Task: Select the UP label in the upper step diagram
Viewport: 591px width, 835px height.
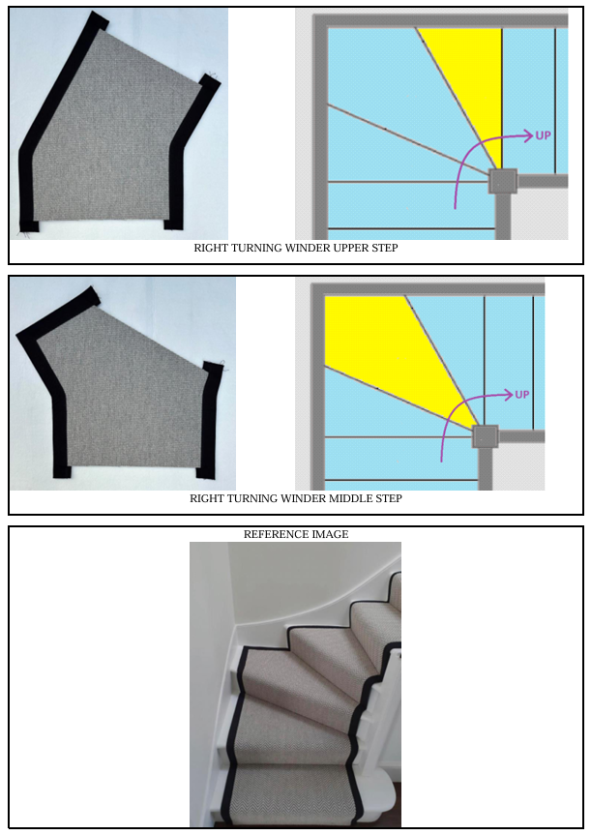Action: click(543, 135)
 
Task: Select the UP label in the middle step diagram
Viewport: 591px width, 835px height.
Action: click(522, 395)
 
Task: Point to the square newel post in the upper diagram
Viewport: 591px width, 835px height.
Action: click(503, 182)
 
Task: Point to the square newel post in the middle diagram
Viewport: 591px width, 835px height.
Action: click(485, 437)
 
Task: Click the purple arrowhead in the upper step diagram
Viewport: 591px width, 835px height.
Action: click(527, 135)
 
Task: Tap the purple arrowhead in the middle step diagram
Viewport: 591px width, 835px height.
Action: click(508, 395)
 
